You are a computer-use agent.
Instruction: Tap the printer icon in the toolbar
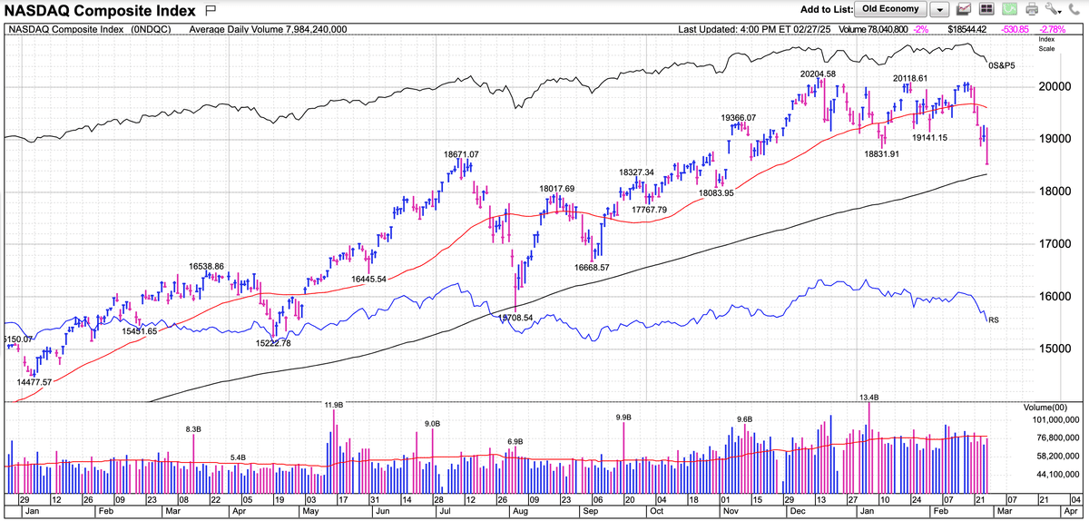pos(1032,10)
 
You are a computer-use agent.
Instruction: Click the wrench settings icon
pos(1054,10)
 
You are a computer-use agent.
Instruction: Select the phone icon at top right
pos(1077,10)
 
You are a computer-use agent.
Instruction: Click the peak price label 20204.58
pos(817,74)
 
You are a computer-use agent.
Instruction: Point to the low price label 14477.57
pos(35,382)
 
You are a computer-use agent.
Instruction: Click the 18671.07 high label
pos(461,154)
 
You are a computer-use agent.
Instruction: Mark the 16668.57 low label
pos(592,268)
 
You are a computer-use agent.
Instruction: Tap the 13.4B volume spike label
pos(868,398)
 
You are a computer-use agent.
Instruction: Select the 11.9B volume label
pos(333,404)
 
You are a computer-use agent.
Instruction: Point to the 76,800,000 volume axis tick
pos(1053,438)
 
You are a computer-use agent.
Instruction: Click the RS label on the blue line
pos(994,319)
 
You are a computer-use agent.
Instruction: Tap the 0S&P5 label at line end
pos(1001,65)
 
